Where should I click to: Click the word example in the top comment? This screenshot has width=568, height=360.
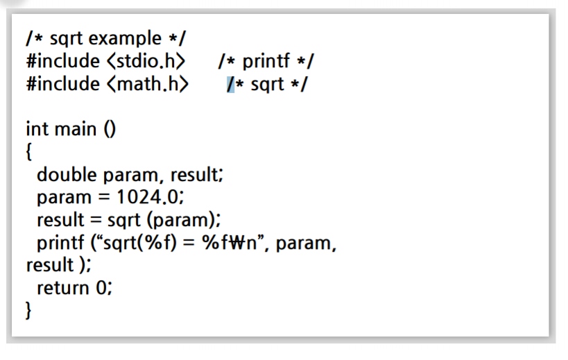point(123,37)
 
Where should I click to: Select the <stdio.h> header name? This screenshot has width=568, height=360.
point(145,61)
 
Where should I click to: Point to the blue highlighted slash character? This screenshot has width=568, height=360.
point(231,84)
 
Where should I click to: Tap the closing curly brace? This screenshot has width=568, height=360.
point(29,310)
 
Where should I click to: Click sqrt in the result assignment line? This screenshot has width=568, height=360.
point(125,220)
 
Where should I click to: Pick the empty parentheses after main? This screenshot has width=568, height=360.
point(108,129)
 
